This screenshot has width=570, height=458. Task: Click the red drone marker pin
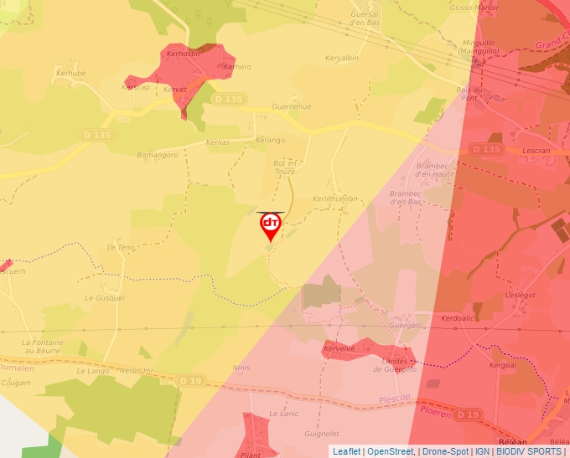point(271,225)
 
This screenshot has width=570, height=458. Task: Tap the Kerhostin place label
point(184,53)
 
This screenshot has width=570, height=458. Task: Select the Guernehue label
point(292,107)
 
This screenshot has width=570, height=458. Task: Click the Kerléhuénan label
point(335,198)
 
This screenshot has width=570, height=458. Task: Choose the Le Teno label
point(121,247)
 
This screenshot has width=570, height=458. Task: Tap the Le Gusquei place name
point(105,297)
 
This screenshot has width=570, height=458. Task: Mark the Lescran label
point(535,152)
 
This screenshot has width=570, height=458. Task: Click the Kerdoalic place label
point(458,318)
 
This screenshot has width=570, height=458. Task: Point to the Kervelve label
point(340,347)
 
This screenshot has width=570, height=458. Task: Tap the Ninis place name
point(242,367)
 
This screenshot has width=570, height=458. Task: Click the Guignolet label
point(323,434)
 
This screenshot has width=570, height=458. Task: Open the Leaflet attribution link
point(347,451)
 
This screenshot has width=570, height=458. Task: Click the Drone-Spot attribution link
point(445,451)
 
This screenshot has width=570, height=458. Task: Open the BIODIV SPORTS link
point(529,451)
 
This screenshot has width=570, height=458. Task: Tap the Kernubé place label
point(70,73)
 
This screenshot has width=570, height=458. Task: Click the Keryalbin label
point(342,58)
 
